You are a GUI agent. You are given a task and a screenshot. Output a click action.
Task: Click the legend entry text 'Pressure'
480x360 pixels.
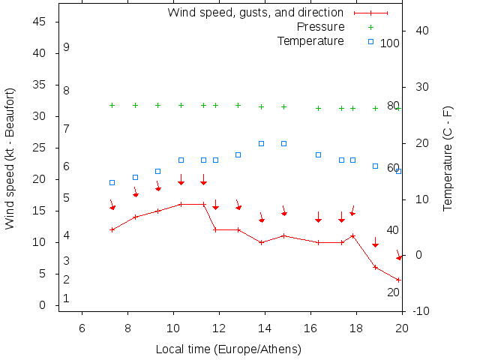[x=320, y=27]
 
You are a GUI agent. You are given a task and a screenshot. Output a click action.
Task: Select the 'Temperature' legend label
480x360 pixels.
[x=310, y=40]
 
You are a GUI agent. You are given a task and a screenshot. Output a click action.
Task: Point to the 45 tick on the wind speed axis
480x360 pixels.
[x=40, y=22]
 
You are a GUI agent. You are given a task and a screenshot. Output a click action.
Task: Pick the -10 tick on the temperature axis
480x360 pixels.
[x=420, y=311]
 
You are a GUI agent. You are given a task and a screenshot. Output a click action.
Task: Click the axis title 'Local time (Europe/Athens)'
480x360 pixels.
[x=229, y=349]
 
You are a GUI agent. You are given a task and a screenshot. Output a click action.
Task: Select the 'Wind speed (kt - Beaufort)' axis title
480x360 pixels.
[x=10, y=157]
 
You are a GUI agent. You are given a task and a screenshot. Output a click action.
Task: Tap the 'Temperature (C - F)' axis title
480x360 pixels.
[x=448, y=157]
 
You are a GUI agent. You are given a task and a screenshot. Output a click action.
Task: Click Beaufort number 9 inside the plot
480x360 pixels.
[x=67, y=47]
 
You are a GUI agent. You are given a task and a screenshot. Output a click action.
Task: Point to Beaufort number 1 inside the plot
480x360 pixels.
[x=67, y=298]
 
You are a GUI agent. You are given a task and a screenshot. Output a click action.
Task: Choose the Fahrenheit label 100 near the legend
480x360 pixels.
[x=390, y=43]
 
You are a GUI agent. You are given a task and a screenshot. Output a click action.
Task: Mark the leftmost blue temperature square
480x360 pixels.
[x=112, y=182]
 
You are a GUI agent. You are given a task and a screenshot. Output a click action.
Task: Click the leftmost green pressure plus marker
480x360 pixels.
[x=112, y=105]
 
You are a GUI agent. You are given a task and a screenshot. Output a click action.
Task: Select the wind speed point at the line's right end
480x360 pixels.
[x=399, y=280]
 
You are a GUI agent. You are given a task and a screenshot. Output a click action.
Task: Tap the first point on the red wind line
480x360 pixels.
[x=112, y=229]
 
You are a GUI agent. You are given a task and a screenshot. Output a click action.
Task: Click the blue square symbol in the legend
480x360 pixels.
[x=370, y=41]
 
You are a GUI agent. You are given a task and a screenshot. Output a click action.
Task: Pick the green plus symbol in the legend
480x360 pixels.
[x=370, y=27]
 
